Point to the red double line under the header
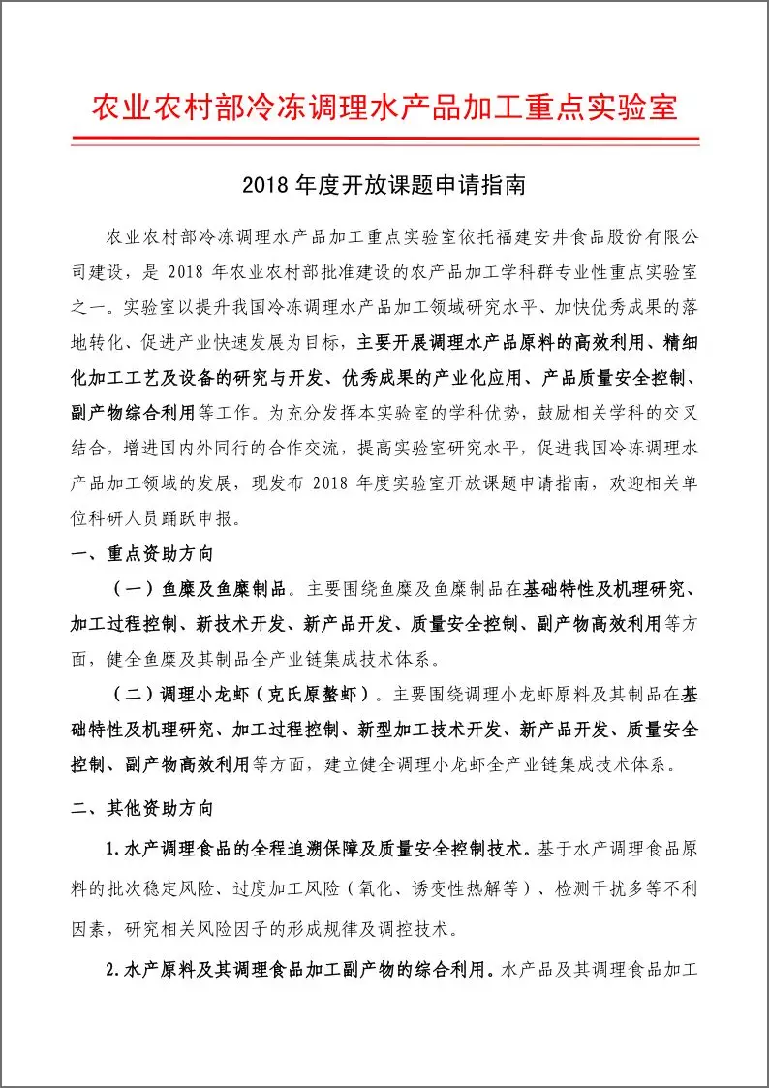pyautogui.click(x=384, y=141)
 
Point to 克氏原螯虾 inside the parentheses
pyautogui.click(x=316, y=694)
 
